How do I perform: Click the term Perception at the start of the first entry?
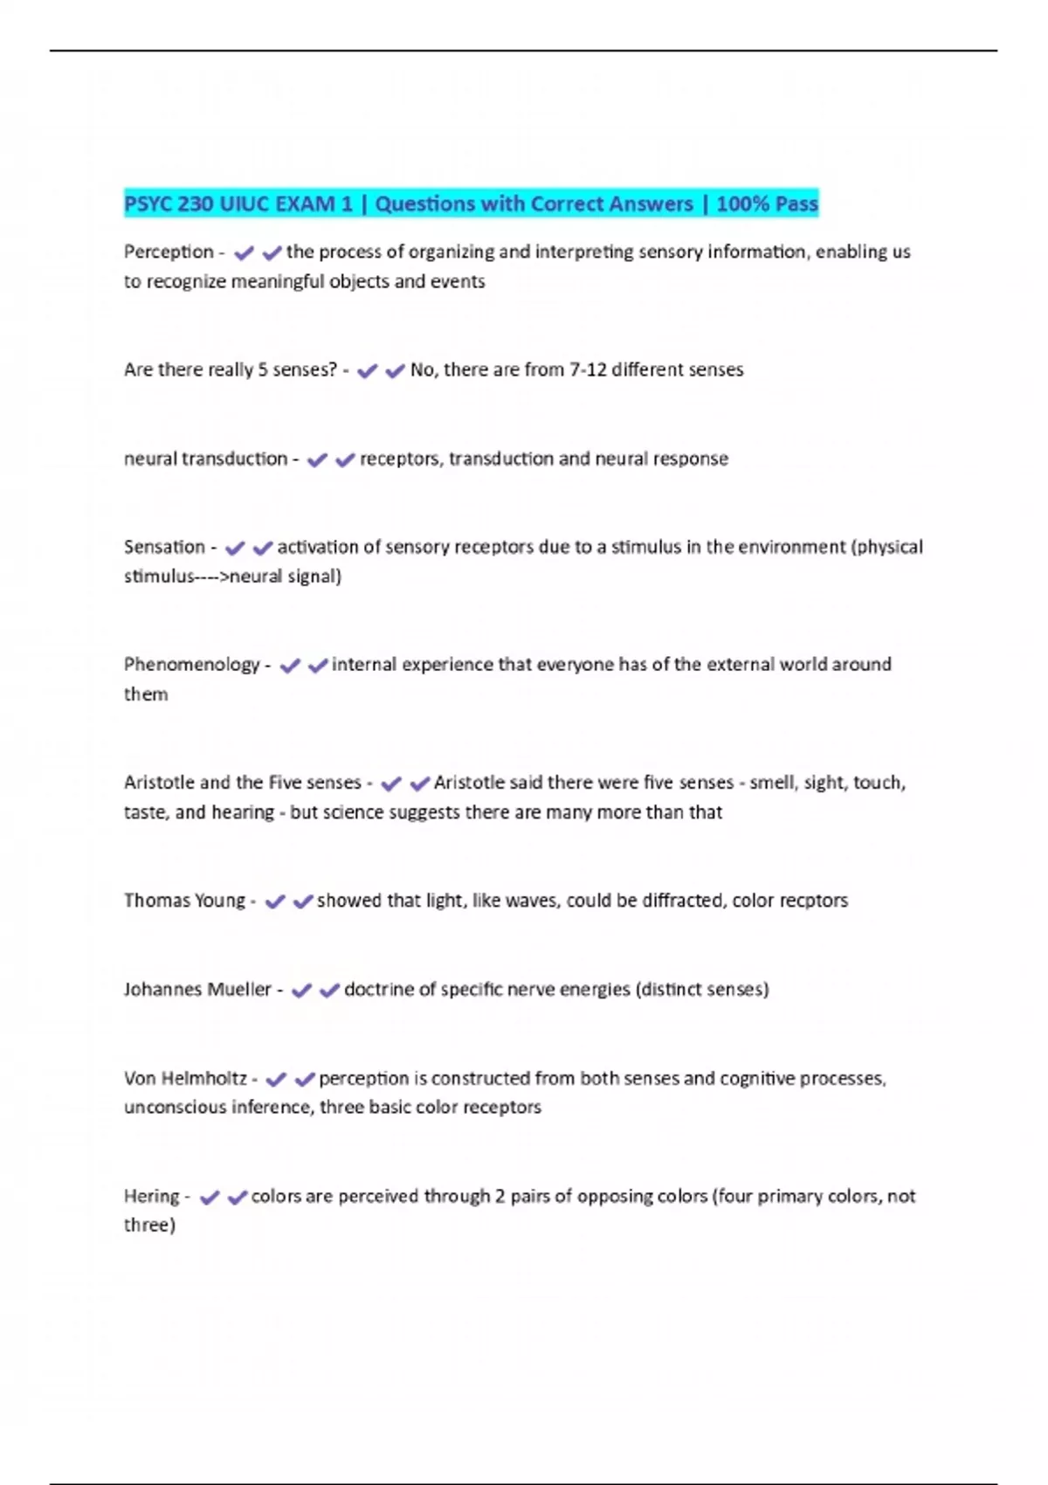[169, 252]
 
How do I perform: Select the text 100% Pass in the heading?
[767, 204]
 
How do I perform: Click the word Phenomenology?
[191, 665]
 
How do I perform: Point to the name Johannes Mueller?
[197, 990]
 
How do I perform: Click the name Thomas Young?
[184, 901]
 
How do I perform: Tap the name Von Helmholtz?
[185, 1079]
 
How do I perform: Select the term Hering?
[151, 1197]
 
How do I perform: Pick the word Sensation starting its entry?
[164, 548]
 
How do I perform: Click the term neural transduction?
[205, 459]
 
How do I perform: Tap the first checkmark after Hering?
[210, 1198]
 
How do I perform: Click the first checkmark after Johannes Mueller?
[301, 991]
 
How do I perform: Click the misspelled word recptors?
[815, 901]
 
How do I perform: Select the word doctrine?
[379, 990]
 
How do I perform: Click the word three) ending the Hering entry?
[149, 1226]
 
